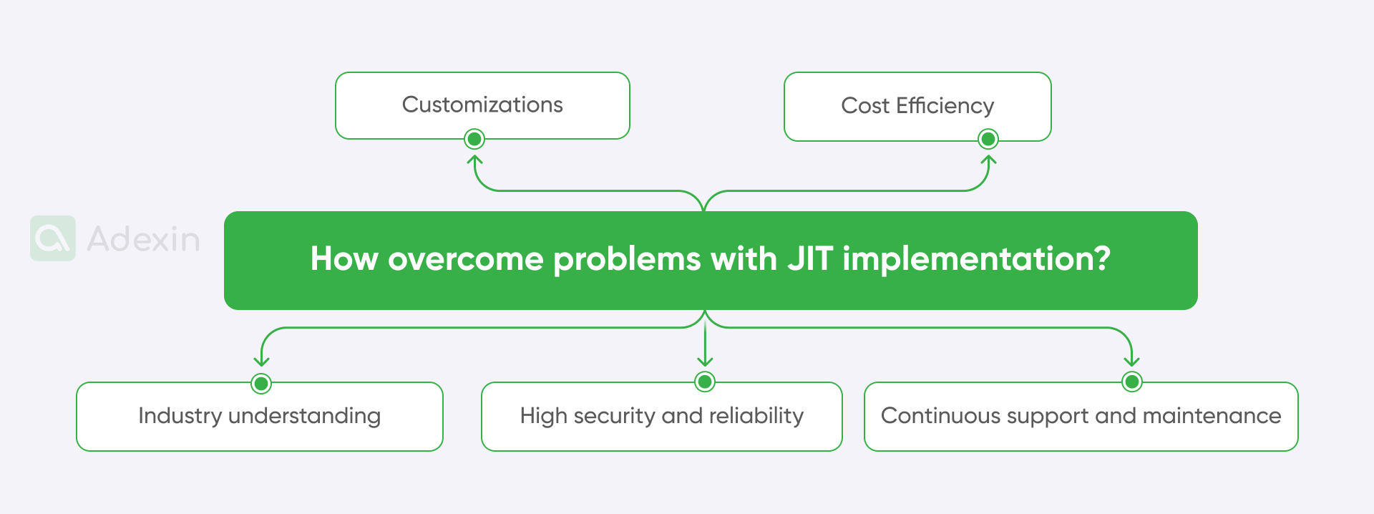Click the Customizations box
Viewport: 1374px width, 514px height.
tap(482, 105)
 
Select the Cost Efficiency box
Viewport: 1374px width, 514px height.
tap(917, 106)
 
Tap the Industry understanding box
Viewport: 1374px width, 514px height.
tap(259, 416)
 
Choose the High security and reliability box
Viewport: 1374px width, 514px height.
tap(661, 416)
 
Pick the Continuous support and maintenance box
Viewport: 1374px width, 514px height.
tap(1081, 416)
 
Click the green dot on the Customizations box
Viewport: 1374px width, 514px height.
tap(474, 139)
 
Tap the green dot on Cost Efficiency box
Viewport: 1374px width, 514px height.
tap(988, 139)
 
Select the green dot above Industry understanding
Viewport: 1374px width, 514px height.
tap(261, 384)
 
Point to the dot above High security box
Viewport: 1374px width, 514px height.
tap(705, 382)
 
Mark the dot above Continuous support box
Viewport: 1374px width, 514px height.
tap(1132, 382)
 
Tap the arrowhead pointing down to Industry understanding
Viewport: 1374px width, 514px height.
tap(262, 362)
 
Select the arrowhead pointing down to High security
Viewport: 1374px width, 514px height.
tap(705, 362)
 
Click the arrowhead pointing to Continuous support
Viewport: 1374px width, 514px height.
tap(1132, 362)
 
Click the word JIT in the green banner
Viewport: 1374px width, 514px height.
tap(810, 258)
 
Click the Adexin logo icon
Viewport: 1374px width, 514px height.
tap(53, 238)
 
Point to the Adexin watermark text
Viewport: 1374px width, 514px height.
tap(143, 239)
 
